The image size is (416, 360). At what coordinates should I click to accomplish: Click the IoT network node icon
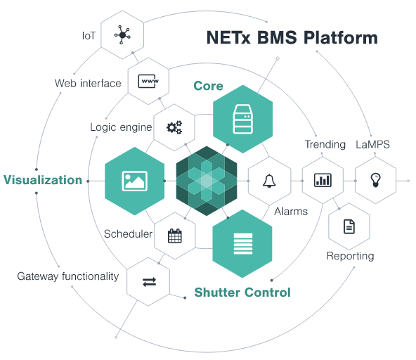[122, 34]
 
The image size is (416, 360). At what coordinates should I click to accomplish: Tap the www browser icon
[148, 81]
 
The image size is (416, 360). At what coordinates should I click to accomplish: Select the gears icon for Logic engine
[174, 127]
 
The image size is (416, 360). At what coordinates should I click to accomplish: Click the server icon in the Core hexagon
[242, 119]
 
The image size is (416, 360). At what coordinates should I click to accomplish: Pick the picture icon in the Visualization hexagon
[134, 181]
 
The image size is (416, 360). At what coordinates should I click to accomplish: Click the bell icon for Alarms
[269, 181]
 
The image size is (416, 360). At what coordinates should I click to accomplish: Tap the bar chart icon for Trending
[323, 180]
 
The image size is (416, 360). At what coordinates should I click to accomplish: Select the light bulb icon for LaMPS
[376, 180]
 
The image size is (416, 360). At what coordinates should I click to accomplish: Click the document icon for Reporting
[349, 226]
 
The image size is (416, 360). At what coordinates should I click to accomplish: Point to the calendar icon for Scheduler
[175, 236]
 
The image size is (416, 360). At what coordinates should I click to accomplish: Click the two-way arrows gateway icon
[149, 282]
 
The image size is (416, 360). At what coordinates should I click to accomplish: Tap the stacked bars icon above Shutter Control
[243, 244]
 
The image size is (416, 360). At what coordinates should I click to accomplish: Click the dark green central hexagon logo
[207, 181]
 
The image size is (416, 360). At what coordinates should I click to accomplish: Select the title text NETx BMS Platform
[292, 37]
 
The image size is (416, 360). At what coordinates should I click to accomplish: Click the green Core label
[208, 86]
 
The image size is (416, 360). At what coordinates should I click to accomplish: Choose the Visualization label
[43, 180]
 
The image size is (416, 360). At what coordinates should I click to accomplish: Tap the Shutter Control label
[242, 292]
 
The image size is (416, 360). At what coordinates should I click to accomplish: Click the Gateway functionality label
[68, 276]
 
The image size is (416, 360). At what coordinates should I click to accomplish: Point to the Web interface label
[88, 84]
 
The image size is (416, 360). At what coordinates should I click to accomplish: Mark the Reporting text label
[350, 256]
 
